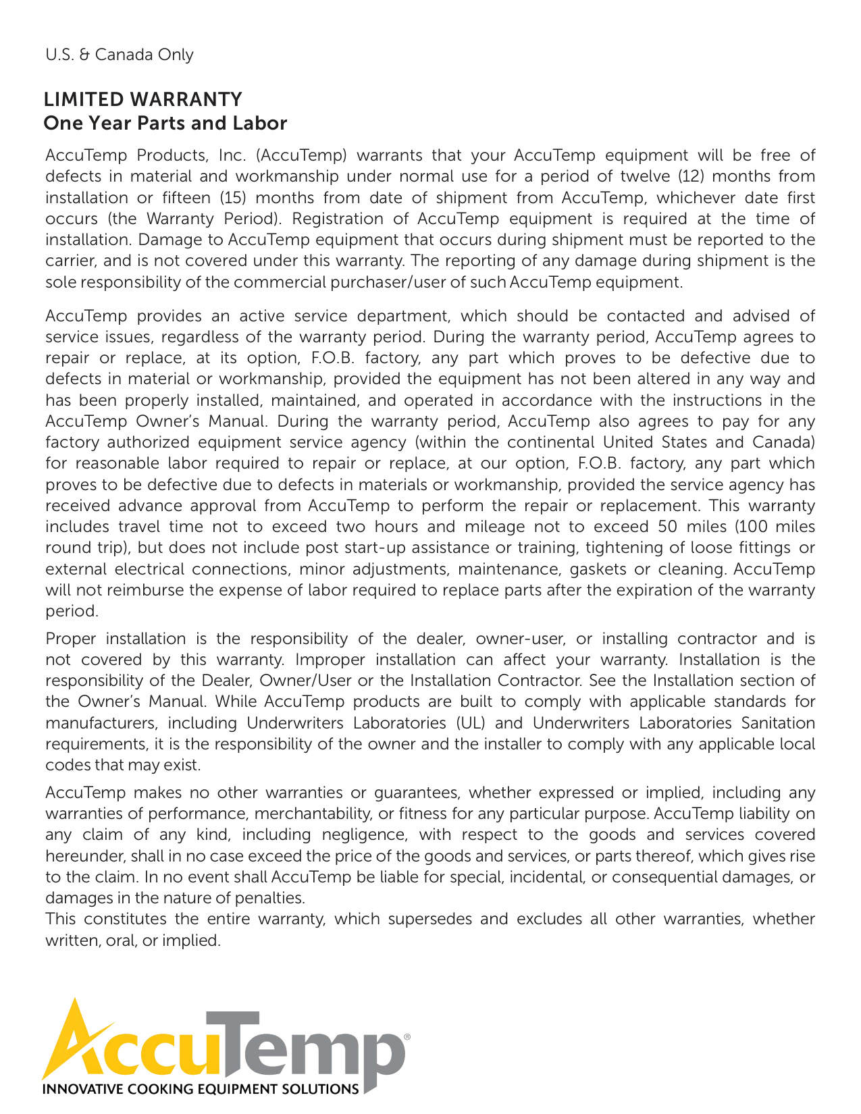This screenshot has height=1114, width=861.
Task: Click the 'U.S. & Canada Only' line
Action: coord(120,55)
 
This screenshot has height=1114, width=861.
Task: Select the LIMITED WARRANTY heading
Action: coord(142,99)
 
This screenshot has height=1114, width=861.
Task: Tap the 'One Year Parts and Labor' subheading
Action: coord(165,123)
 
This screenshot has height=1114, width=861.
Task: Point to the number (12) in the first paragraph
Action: coord(690,176)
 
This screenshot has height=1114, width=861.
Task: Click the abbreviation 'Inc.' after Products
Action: coord(232,155)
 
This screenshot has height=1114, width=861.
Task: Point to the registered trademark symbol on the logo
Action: coord(407,1034)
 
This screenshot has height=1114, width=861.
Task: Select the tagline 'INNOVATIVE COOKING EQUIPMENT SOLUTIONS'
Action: coord(201,1089)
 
